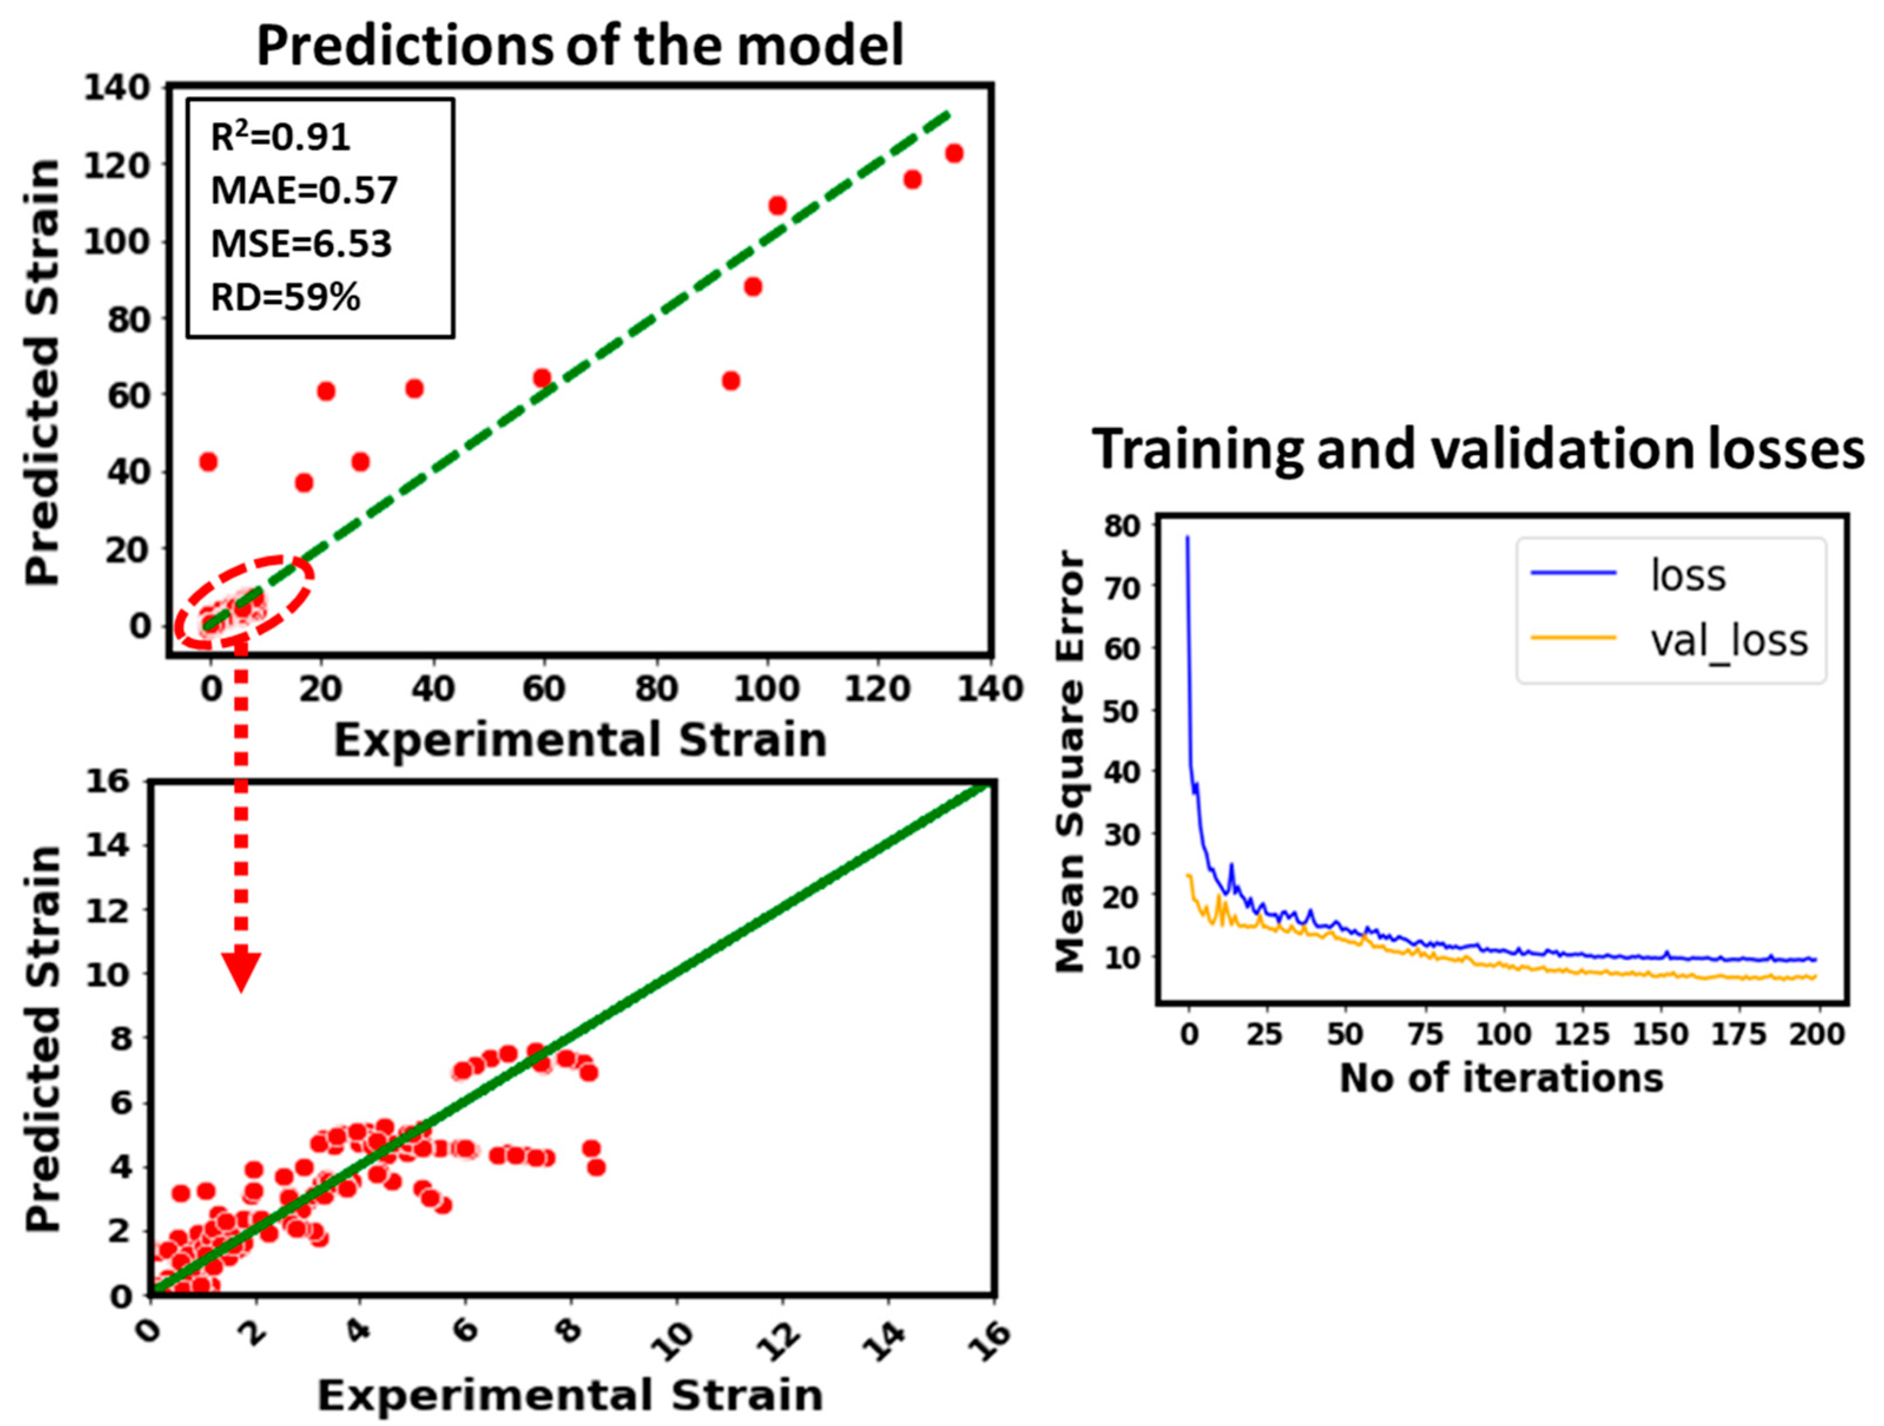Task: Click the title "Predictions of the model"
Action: point(579,46)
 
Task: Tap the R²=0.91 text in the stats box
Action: point(281,137)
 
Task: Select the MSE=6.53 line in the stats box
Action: point(301,243)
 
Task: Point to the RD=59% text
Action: point(285,297)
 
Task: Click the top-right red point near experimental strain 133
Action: point(954,153)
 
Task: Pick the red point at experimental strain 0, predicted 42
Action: point(208,462)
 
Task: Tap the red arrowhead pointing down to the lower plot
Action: point(241,971)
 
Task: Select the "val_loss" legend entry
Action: point(1729,641)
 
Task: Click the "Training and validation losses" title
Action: point(1478,450)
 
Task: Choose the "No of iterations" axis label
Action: point(1501,1078)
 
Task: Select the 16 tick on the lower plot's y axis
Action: point(107,781)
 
